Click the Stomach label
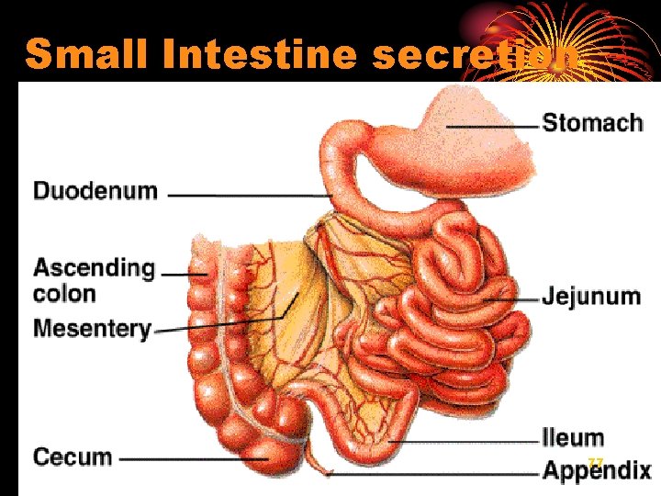(x=592, y=123)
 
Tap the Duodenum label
(x=95, y=191)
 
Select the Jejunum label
(x=590, y=297)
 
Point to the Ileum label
(x=573, y=437)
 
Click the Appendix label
(x=597, y=471)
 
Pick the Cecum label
(x=73, y=457)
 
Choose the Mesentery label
(x=92, y=328)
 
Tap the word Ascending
(x=95, y=268)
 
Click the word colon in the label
(x=64, y=294)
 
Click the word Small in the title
(x=88, y=55)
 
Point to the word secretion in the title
(x=477, y=55)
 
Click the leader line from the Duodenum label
(x=248, y=195)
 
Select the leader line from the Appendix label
(x=431, y=474)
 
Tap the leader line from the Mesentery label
(x=220, y=321)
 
